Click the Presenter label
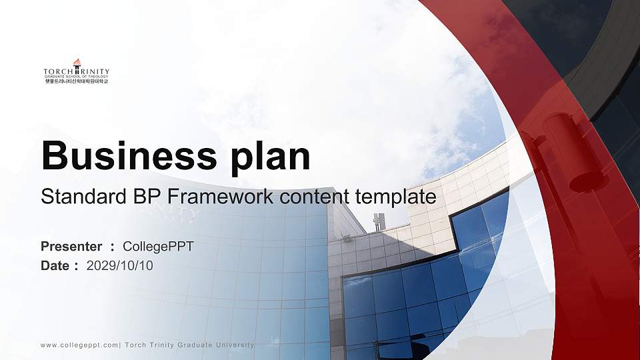pos(71,247)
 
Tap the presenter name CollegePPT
pos(159,247)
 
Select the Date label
pos(55,266)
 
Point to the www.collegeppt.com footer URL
pos(79,345)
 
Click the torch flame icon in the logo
pos(76,63)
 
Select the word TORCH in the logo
pos(58,72)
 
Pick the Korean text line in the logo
pos(76,81)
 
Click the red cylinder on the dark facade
pos(565,150)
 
